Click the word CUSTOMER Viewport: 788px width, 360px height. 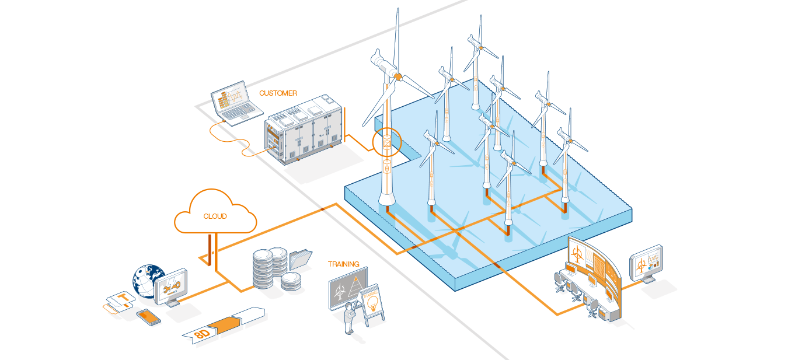[278, 93]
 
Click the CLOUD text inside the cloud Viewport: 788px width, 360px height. [215, 216]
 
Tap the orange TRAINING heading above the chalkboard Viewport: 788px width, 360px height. [343, 264]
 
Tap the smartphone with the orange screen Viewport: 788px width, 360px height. [148, 317]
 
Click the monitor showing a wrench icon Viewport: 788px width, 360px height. [171, 286]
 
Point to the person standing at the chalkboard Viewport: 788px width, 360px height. [350, 319]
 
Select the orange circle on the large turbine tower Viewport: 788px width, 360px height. [386, 144]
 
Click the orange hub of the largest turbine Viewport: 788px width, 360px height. [397, 76]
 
